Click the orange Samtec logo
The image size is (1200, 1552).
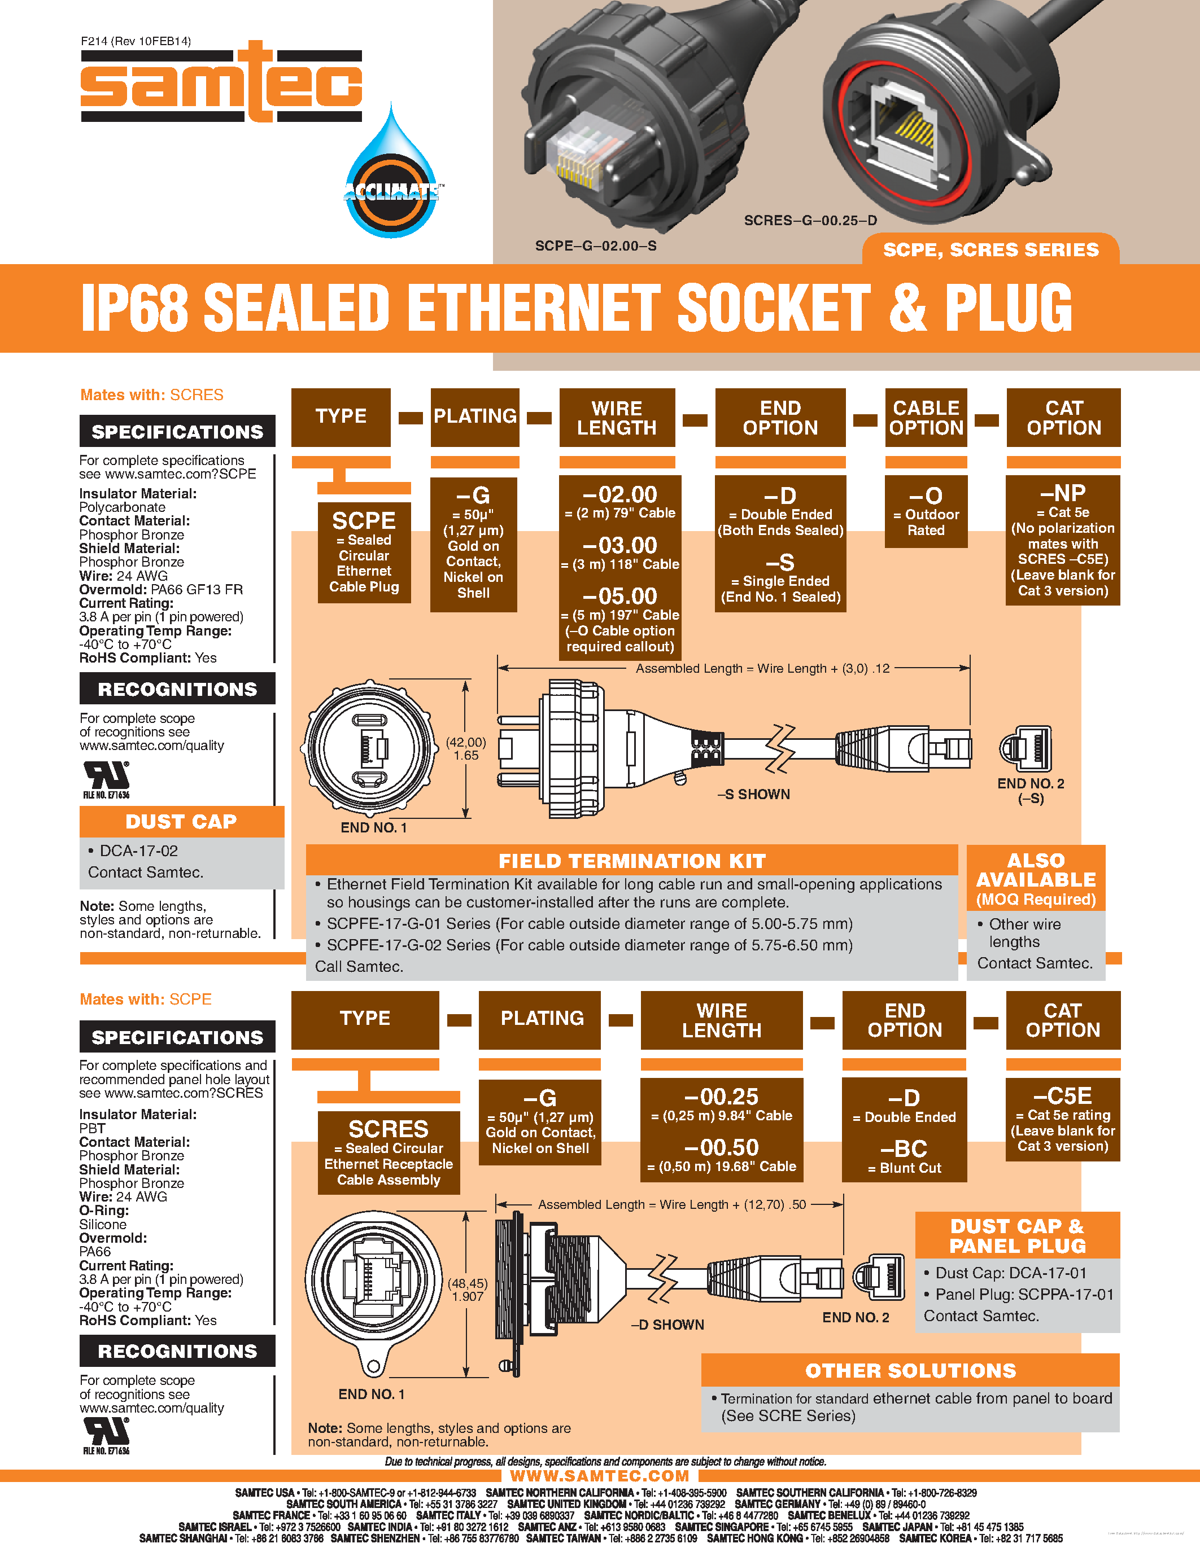(x=221, y=82)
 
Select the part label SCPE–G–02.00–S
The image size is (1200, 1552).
(x=596, y=246)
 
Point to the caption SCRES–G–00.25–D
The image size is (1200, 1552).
(x=810, y=221)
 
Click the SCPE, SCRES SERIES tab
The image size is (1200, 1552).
(x=991, y=250)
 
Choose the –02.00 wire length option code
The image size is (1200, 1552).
(x=620, y=494)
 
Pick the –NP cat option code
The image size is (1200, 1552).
(x=1063, y=493)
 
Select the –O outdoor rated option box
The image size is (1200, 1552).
(x=926, y=512)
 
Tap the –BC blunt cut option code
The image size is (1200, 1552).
(x=904, y=1149)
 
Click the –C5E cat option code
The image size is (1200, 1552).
(x=1063, y=1096)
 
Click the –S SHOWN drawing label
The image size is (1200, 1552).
(x=753, y=795)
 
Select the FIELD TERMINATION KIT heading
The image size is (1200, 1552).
(x=632, y=861)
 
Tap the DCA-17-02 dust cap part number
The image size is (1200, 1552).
(x=138, y=850)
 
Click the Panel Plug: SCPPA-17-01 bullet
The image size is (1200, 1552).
(x=1024, y=1295)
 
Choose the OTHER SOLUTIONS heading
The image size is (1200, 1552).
(x=911, y=1371)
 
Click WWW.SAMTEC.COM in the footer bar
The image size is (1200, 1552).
(x=599, y=1476)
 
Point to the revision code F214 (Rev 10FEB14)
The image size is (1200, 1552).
(x=136, y=41)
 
